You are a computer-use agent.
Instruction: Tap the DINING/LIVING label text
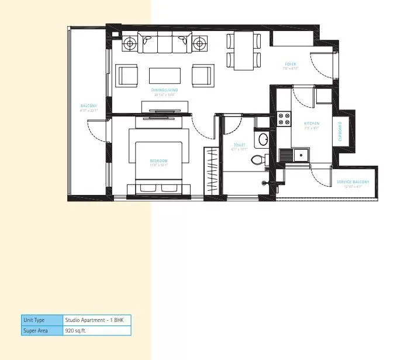coord(164,90)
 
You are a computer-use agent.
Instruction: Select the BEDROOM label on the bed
coord(158,161)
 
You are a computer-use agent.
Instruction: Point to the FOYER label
coord(291,64)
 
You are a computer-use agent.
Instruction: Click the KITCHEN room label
coord(312,124)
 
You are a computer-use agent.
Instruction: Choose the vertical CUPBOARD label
coord(340,132)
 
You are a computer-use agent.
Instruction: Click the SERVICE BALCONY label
coord(353,182)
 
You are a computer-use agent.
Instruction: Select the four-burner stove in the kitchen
coord(285,119)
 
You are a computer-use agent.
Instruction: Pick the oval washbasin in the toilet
coord(263,140)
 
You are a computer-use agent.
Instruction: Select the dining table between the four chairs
coord(244,49)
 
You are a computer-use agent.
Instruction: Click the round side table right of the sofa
coord(200,43)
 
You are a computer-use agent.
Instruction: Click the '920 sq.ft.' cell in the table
coord(96,331)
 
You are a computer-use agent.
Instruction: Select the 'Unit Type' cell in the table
coord(42,320)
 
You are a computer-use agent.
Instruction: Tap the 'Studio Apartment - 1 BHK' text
coord(96,320)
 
